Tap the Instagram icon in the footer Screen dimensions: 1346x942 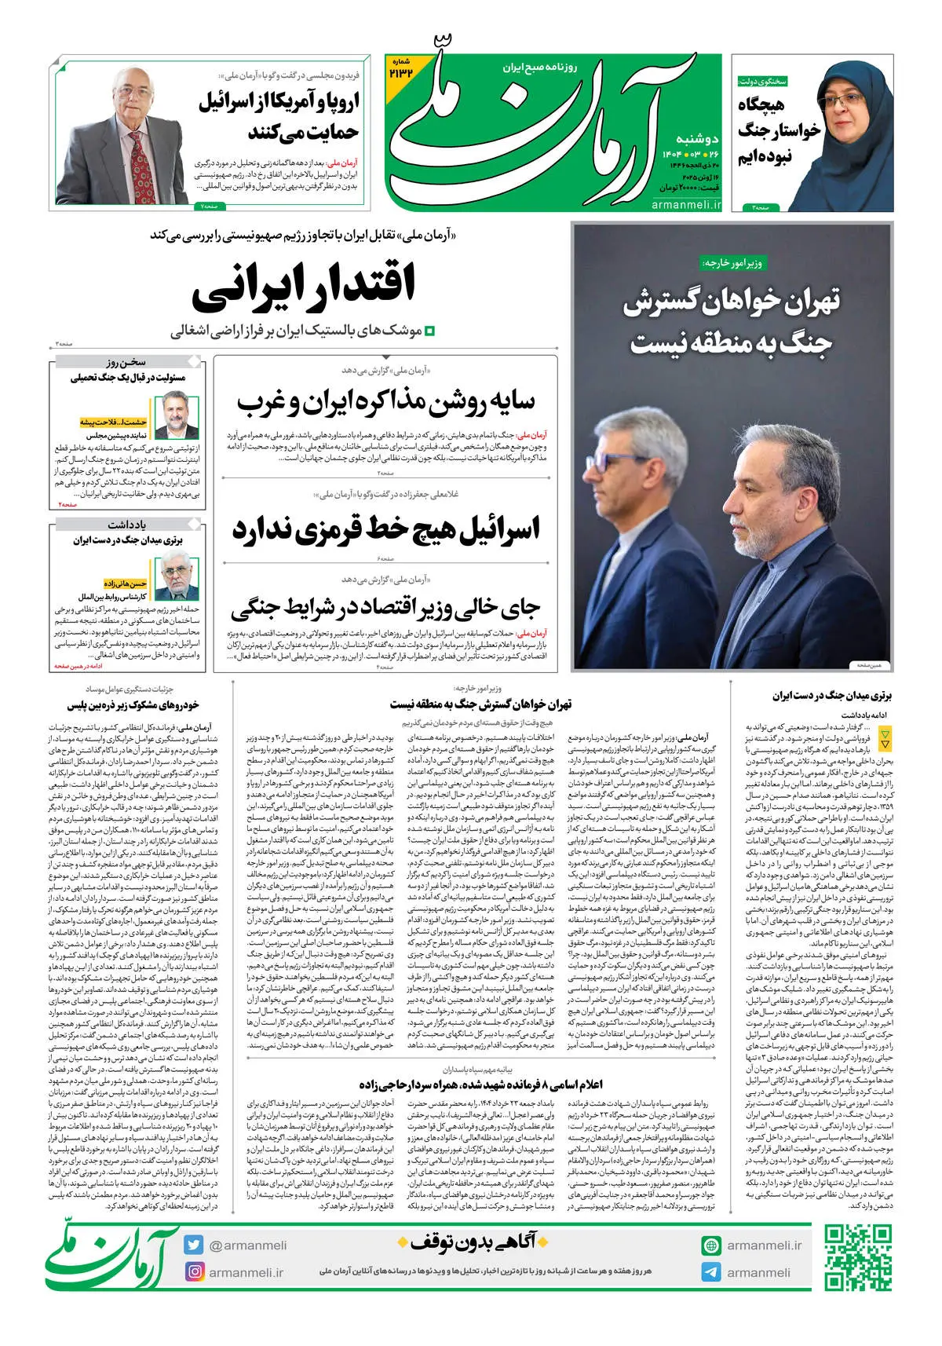tap(194, 1271)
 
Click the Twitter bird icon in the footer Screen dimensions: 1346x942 tap(194, 1245)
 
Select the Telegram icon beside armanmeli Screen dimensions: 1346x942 tap(711, 1271)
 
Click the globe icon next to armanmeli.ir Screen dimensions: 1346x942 tap(711, 1245)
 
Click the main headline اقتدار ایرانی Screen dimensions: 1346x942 tap(304, 286)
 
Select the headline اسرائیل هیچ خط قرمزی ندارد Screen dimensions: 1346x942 tap(385, 530)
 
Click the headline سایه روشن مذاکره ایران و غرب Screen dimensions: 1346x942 tap(385, 402)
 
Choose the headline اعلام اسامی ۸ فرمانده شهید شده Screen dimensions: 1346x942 tap(480, 1084)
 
